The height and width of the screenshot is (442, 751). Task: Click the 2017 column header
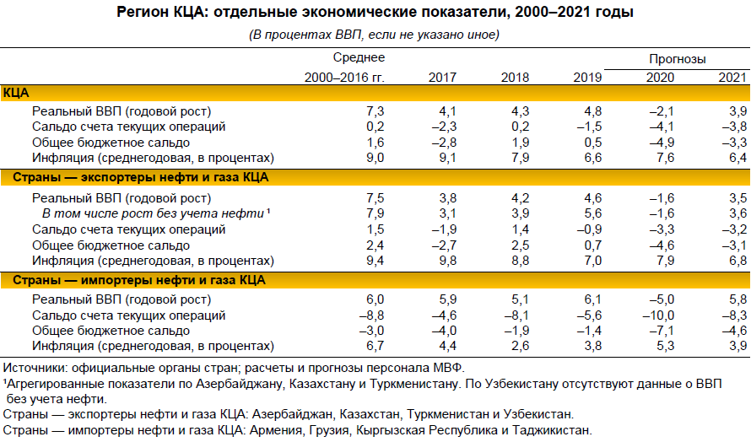pyautogui.click(x=443, y=77)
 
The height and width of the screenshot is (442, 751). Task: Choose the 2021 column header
pyautogui.click(x=732, y=77)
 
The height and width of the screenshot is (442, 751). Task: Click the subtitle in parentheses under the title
pyautogui.click(x=375, y=35)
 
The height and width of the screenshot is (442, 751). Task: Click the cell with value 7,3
pyautogui.click(x=375, y=111)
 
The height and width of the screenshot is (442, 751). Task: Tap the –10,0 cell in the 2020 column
pyautogui.click(x=656, y=315)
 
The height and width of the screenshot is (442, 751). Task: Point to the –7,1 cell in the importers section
pyautogui.click(x=660, y=331)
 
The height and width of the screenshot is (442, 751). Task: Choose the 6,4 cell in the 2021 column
pyautogui.click(x=737, y=158)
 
